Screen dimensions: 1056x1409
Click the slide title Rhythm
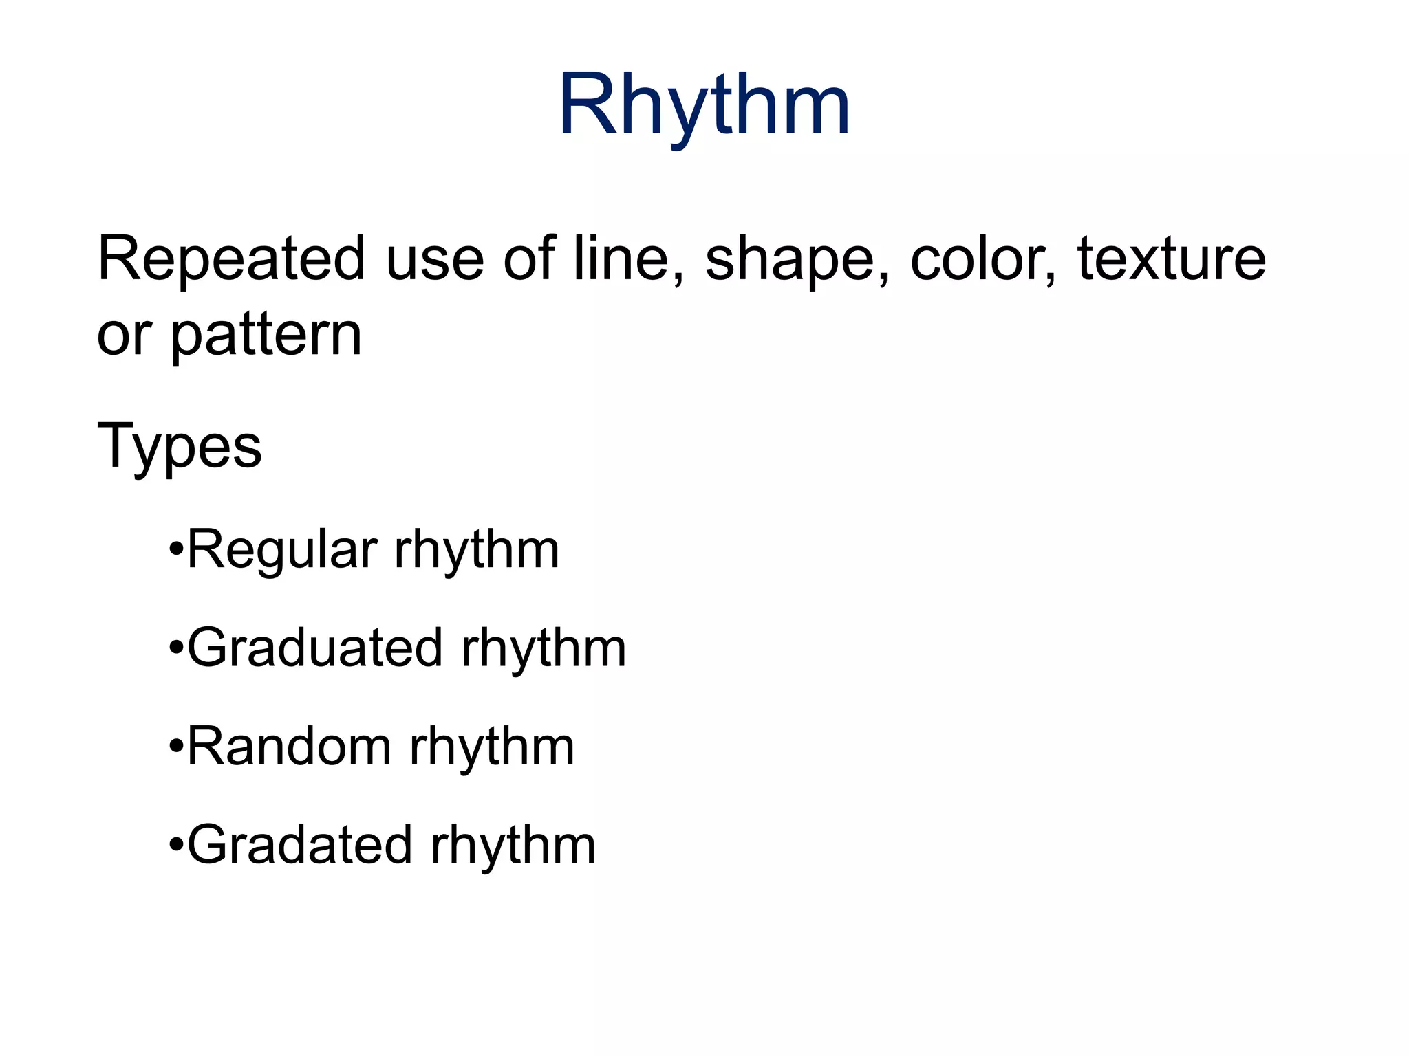(x=704, y=107)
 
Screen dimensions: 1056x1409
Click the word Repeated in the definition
(x=231, y=259)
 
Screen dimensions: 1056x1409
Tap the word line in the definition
(x=629, y=259)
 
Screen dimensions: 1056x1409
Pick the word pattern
(x=266, y=336)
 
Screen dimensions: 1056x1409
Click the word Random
(x=290, y=747)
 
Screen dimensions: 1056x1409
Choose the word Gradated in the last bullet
(x=300, y=846)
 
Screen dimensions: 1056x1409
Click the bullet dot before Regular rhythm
(x=177, y=551)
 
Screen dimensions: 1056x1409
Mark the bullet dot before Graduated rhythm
(x=177, y=649)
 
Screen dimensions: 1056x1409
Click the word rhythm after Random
(x=492, y=748)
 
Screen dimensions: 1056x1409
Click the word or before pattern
(x=124, y=336)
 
